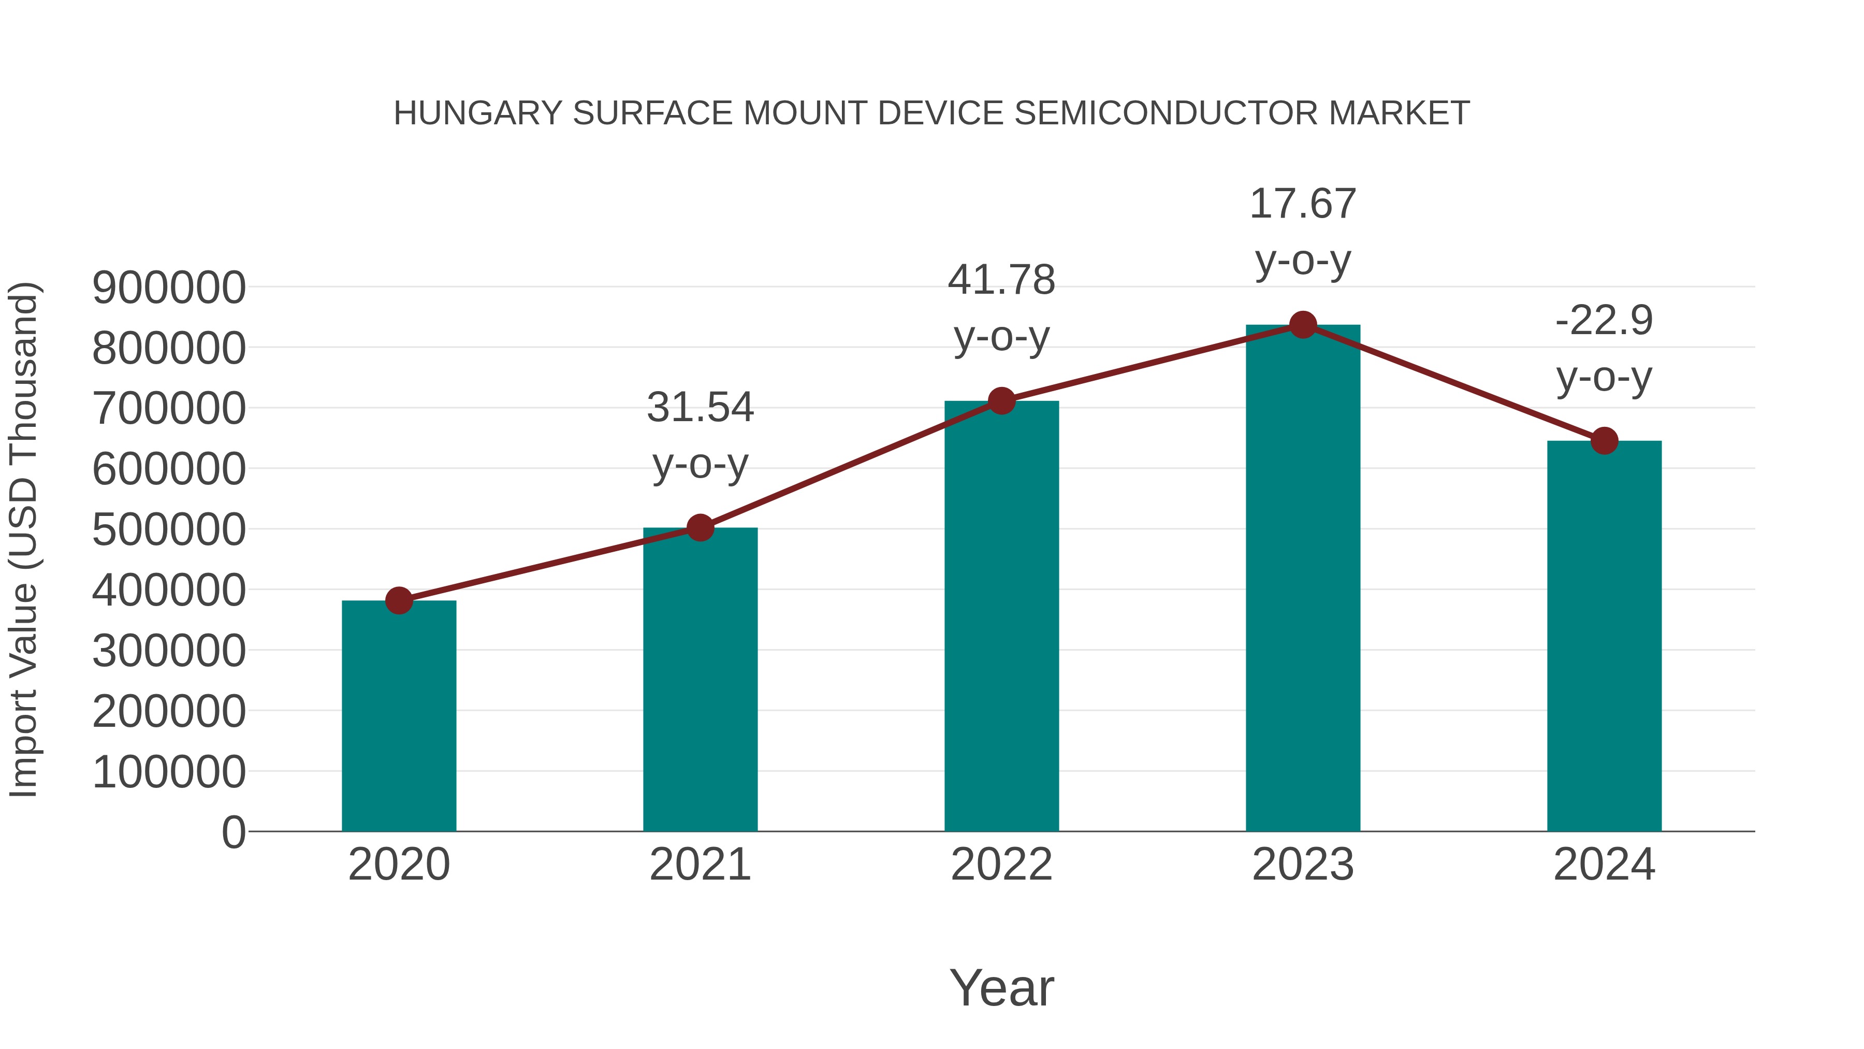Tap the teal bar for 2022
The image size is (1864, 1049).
[x=1001, y=615]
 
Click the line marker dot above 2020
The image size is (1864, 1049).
[x=399, y=600]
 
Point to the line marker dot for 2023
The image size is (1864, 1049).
[x=1303, y=325]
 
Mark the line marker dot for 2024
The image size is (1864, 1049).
[x=1604, y=440]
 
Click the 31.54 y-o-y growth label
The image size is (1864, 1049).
[x=700, y=435]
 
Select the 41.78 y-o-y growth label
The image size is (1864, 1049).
[x=1001, y=308]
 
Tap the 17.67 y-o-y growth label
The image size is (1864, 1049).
[x=1303, y=232]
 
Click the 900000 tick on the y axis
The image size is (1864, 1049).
[x=169, y=288]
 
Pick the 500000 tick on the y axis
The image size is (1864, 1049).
[x=169, y=529]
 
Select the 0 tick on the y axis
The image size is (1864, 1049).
[x=233, y=832]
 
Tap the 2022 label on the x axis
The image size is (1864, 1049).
[x=1001, y=865]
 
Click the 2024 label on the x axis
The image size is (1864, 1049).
[x=1604, y=865]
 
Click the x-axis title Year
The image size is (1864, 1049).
[x=1001, y=987]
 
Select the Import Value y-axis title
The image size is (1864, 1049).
[x=23, y=539]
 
